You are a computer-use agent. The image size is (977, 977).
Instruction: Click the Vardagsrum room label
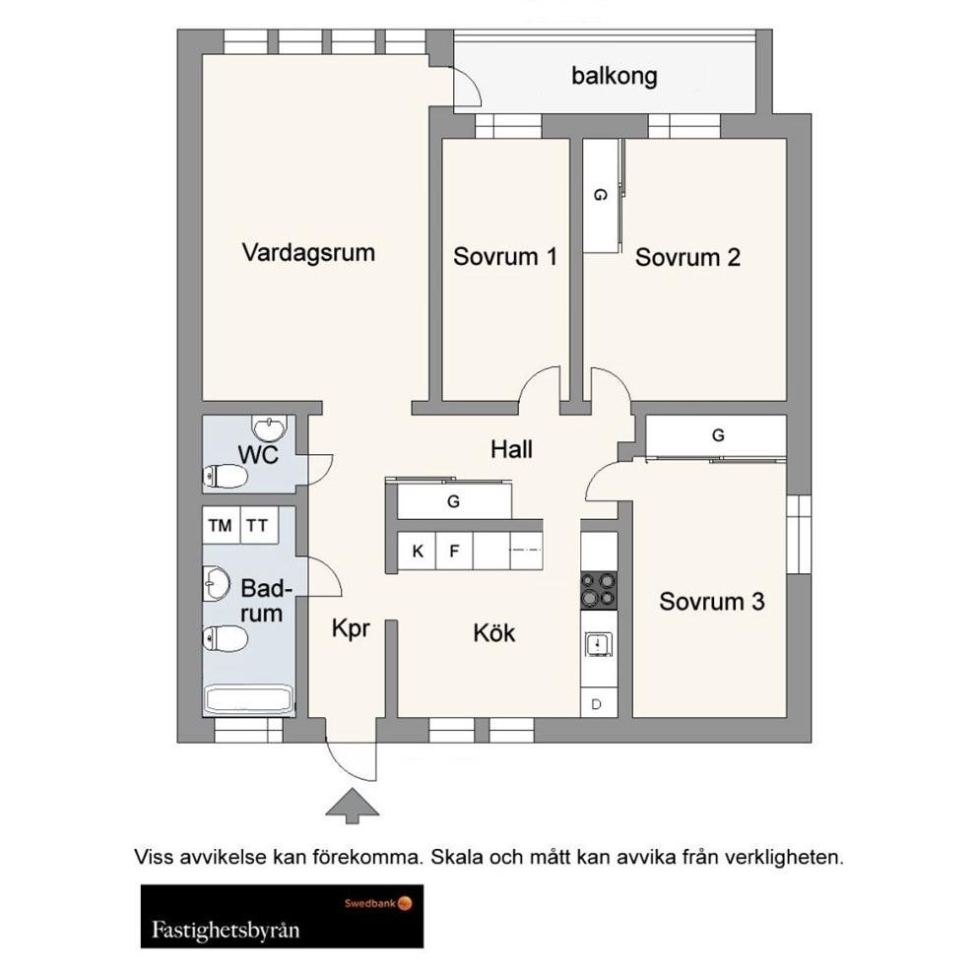pyautogui.click(x=308, y=252)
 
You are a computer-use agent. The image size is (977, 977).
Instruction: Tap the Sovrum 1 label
pyautogui.click(x=505, y=257)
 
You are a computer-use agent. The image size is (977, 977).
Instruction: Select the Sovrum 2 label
pyautogui.click(x=687, y=257)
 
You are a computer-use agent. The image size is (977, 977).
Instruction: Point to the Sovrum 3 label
pyautogui.click(x=712, y=601)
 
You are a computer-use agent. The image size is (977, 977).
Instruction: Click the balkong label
pyautogui.click(x=614, y=76)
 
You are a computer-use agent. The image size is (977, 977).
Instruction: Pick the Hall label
pyautogui.click(x=512, y=449)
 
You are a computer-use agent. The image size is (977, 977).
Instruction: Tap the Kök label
pyautogui.click(x=494, y=632)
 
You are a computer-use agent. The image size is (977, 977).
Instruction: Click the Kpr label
pyautogui.click(x=351, y=627)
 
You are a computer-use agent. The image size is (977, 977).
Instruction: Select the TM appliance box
pyautogui.click(x=220, y=525)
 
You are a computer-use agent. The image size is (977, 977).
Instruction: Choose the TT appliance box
pyautogui.click(x=257, y=525)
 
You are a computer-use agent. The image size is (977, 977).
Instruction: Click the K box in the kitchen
pyautogui.click(x=418, y=551)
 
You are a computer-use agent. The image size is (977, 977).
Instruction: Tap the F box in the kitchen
pyautogui.click(x=454, y=551)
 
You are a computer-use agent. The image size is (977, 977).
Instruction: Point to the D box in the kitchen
pyautogui.click(x=597, y=703)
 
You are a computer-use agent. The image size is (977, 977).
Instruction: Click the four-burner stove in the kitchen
pyautogui.click(x=598, y=590)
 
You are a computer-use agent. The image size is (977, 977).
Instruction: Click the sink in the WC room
pyautogui.click(x=268, y=427)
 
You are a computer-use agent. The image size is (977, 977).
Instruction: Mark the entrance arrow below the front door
pyautogui.click(x=352, y=805)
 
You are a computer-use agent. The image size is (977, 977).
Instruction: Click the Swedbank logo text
pyautogui.click(x=369, y=901)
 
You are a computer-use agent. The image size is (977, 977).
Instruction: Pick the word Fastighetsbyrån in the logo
pyautogui.click(x=226, y=929)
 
